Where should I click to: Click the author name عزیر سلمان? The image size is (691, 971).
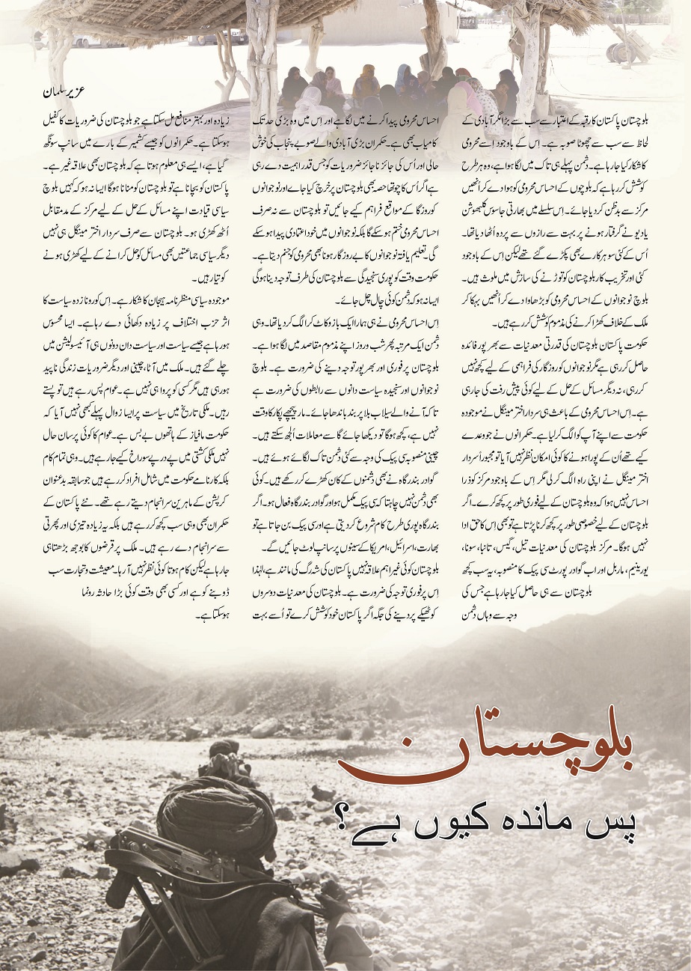coord(67,93)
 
